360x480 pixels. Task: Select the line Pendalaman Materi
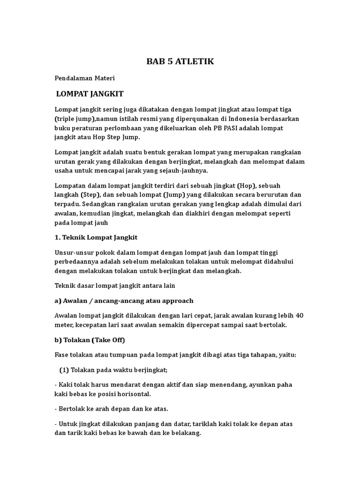click(x=85, y=78)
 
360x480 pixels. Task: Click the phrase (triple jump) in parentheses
click(x=75, y=119)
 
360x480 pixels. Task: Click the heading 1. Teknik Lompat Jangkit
click(x=96, y=237)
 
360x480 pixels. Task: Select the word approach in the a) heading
click(x=176, y=300)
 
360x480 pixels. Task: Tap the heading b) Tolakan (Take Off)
click(x=90, y=340)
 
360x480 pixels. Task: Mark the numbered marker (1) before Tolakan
click(x=64, y=369)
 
